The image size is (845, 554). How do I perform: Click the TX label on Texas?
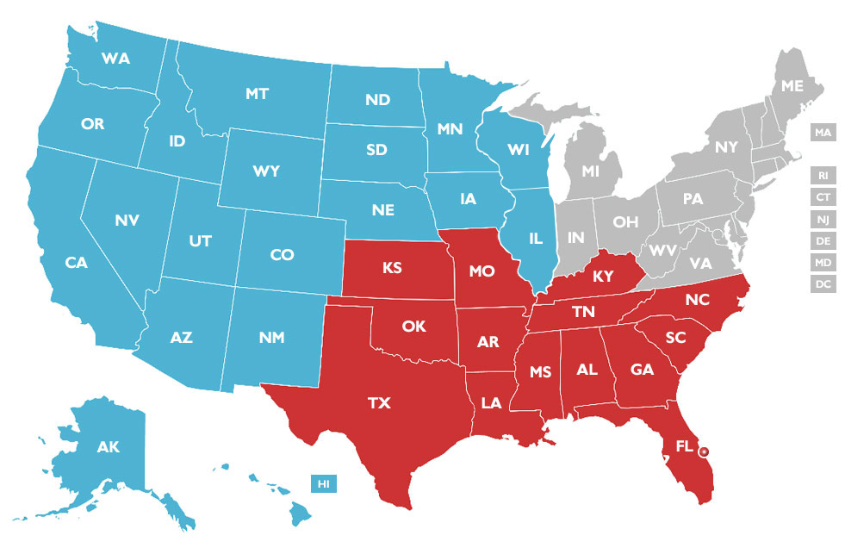[x=378, y=403]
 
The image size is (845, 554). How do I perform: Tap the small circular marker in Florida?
[x=704, y=451]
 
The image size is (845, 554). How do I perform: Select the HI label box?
[x=324, y=484]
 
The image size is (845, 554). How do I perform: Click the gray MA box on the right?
[x=823, y=134]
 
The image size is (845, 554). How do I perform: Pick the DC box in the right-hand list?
[x=823, y=284]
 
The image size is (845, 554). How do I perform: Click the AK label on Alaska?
[x=108, y=447]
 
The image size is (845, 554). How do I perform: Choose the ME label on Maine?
[x=792, y=86]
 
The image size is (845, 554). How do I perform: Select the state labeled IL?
[x=535, y=237]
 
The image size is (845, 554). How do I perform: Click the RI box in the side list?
[x=823, y=176]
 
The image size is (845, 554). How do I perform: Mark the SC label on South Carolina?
[x=674, y=338]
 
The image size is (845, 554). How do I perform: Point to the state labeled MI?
[x=589, y=171]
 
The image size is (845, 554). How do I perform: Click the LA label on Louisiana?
[x=491, y=401]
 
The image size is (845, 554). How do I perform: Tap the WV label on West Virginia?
[x=663, y=251]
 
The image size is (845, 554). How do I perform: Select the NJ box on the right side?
[x=823, y=220]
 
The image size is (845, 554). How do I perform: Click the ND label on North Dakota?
[x=377, y=100]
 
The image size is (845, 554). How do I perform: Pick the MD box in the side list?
[x=823, y=263]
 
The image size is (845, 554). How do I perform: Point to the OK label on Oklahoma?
[x=413, y=327]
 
